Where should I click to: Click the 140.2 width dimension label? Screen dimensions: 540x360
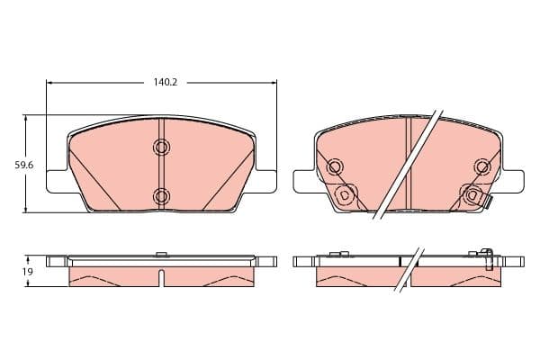click(166, 82)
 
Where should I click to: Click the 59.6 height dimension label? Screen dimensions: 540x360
click(23, 166)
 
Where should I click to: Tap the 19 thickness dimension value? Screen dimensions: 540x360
click(28, 272)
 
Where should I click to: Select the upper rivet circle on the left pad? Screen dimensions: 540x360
click(161, 147)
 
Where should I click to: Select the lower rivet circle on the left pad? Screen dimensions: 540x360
click(161, 196)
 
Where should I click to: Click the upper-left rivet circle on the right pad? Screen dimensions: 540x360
click(335, 167)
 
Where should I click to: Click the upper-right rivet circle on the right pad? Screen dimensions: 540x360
click(482, 167)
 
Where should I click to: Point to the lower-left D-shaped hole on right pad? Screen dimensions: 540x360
click(344, 195)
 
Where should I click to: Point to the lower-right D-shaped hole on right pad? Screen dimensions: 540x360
click(472, 195)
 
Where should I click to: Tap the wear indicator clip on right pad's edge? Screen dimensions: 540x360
click(488, 202)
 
